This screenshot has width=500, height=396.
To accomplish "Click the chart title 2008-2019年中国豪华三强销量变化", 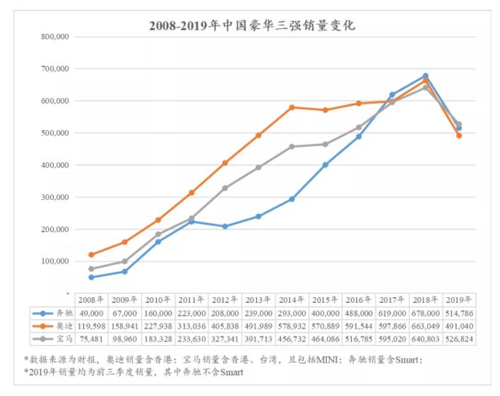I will point(251,26).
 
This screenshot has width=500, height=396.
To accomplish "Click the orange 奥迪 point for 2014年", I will point(292,107).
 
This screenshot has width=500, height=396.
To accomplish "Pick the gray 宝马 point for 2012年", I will point(225,188).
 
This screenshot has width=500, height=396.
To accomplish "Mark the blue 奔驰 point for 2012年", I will point(225,227).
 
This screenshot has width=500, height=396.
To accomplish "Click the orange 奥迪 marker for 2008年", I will point(91,255).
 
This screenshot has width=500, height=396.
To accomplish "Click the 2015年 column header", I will point(325,299).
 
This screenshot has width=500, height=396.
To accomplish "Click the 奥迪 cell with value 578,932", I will point(291,326).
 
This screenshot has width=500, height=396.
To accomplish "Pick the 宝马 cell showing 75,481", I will point(92,340).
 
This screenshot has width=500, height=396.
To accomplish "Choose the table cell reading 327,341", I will point(225,340).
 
